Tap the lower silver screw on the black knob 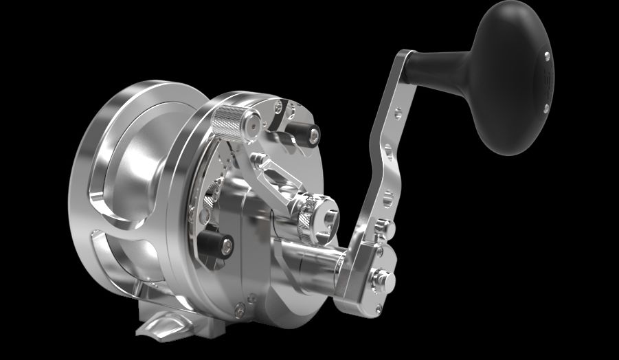coord(545,107)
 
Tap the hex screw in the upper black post coord(314,137)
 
